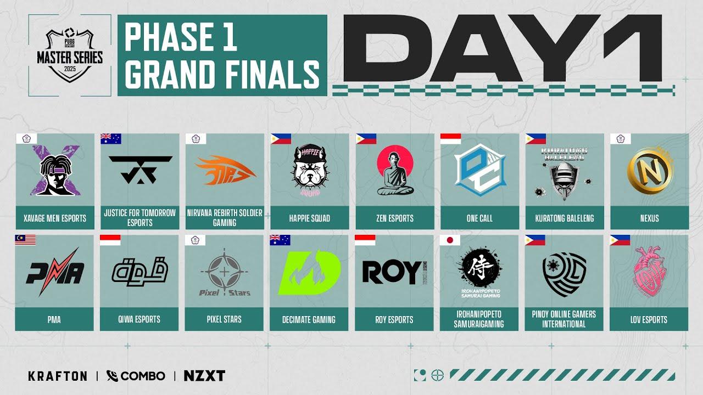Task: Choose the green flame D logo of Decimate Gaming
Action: pyautogui.click(x=309, y=272)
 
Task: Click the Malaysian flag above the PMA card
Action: pyautogui.click(x=25, y=240)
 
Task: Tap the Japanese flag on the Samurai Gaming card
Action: pyautogui.click(x=450, y=240)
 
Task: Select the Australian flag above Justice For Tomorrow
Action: pyautogui.click(x=110, y=139)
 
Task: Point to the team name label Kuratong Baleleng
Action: pyautogui.click(x=565, y=218)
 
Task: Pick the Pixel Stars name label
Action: pyautogui.click(x=225, y=319)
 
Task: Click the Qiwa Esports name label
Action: pyautogui.click(x=140, y=319)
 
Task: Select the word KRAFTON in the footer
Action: pyautogui.click(x=58, y=376)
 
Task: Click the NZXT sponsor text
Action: pyautogui.click(x=204, y=376)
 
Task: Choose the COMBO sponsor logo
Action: pyautogui.click(x=136, y=376)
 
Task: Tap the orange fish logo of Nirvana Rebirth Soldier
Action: pyautogui.click(x=225, y=170)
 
